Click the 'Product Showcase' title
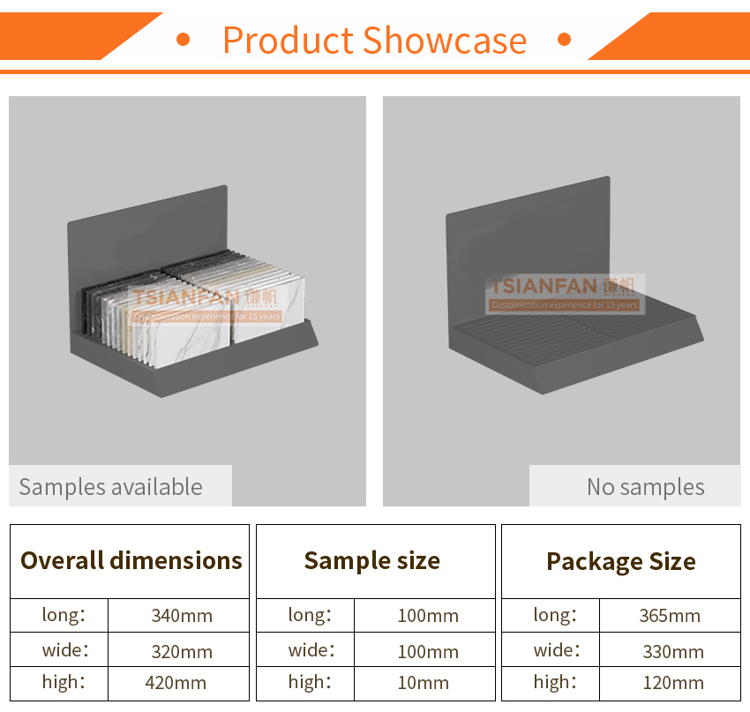374,41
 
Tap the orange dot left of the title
184,39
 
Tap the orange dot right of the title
565,39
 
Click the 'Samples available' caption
111,487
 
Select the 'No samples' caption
646,487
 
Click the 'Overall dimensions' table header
131,560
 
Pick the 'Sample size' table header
372,561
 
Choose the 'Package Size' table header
621,562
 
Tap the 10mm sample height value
424,683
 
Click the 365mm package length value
670,616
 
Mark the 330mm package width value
673,652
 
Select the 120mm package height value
673,683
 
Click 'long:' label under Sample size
310,615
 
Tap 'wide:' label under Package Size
557,650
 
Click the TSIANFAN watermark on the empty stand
565,294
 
